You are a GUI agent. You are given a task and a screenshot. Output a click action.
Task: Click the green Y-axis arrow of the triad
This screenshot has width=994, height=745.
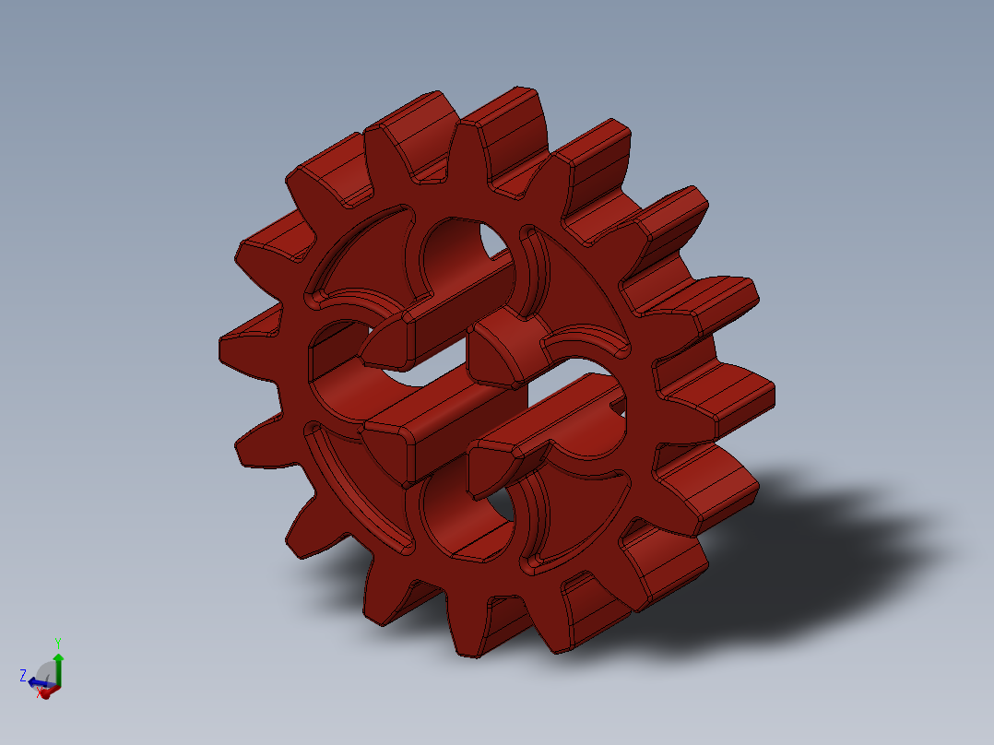pos(58,661)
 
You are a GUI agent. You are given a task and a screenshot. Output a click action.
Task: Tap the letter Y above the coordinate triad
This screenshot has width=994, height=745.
pos(57,642)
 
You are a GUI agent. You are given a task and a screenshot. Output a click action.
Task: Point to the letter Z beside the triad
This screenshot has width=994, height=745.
pos(22,675)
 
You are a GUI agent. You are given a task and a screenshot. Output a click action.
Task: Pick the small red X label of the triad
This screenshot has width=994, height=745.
pos(40,693)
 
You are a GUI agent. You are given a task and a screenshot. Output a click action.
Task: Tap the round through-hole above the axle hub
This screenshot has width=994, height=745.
pos(461,254)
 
